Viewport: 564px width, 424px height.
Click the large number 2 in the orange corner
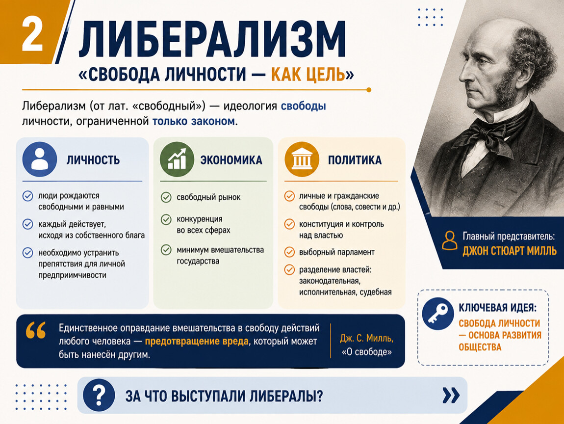click(x=32, y=35)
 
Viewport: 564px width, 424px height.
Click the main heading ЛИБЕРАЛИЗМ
click(x=212, y=39)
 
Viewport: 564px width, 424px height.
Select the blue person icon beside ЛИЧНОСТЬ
click(x=40, y=159)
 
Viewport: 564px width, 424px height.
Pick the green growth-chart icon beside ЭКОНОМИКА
click(x=177, y=159)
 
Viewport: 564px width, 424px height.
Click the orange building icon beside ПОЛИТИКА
click(x=302, y=159)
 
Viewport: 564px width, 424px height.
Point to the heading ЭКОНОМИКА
click(x=231, y=160)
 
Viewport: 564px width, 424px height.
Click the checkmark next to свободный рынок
click(x=166, y=197)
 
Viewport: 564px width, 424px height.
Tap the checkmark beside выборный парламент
click(x=289, y=252)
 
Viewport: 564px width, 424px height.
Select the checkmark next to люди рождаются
click(x=27, y=196)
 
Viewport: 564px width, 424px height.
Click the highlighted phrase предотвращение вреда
click(x=196, y=341)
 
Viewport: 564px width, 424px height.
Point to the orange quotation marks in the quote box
click(x=36, y=330)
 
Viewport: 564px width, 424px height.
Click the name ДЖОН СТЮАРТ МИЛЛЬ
click(x=510, y=251)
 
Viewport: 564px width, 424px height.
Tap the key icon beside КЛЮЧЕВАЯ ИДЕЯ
click(x=438, y=314)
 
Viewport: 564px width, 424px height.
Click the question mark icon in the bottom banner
click(x=99, y=395)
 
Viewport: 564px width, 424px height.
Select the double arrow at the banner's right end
click(x=451, y=395)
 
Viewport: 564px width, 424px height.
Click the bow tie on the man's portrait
click(x=484, y=134)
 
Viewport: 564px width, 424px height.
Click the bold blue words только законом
click(x=194, y=121)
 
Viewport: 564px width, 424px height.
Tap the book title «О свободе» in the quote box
click(x=366, y=352)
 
